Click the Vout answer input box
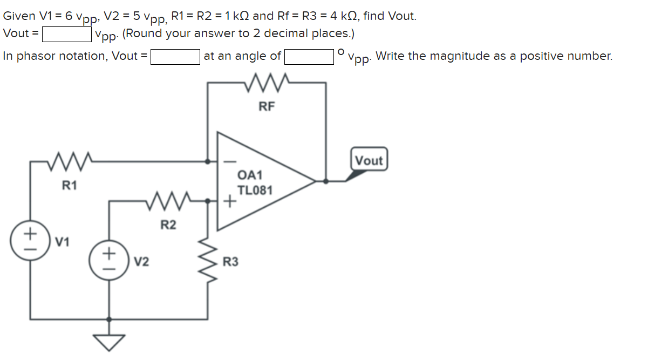coord(66,34)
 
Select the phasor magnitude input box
coord(175,57)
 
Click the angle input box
coord(309,57)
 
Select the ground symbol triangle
coord(110,341)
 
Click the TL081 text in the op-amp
coord(256,191)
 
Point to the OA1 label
coord(250,175)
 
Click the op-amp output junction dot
coord(325,181)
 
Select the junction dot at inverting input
coord(208,161)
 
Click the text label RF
coord(267,106)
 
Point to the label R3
coord(230,262)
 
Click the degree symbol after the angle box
coord(340,52)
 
